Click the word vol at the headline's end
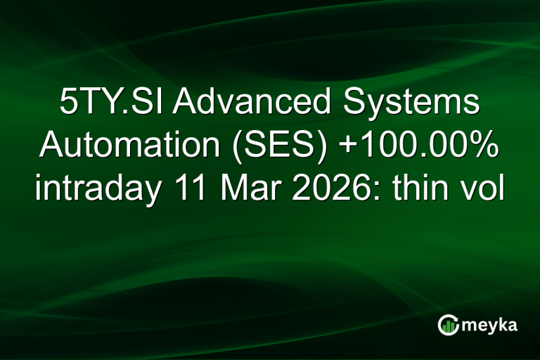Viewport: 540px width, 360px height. [x=486, y=189]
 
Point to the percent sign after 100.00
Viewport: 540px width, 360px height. [x=483, y=147]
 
